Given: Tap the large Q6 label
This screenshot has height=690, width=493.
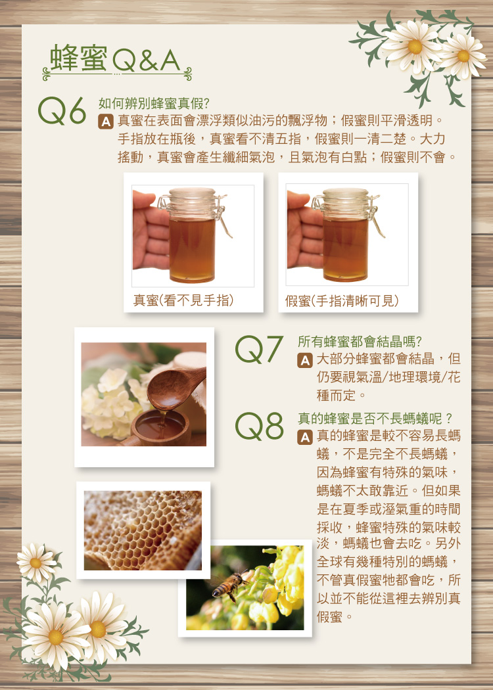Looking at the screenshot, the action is click(x=62, y=111).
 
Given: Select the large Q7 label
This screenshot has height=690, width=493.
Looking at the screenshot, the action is click(x=259, y=350).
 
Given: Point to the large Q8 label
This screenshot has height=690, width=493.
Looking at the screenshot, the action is click(x=259, y=426).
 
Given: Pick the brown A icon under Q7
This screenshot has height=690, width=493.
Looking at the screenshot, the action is click(x=304, y=361).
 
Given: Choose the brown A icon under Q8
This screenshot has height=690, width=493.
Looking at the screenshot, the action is click(x=304, y=437).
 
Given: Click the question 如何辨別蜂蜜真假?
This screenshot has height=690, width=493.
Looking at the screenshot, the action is click(x=154, y=104).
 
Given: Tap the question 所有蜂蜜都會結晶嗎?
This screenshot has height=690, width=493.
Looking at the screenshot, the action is click(x=360, y=342).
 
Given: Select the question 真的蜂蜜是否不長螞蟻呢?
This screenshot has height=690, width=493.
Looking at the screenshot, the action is click(x=375, y=417).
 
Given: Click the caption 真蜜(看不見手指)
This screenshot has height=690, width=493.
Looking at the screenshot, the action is click(x=183, y=300).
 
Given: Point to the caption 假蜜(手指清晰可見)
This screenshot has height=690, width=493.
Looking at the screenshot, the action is click(x=342, y=300).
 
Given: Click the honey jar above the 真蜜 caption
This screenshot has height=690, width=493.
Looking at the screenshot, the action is click(x=193, y=235).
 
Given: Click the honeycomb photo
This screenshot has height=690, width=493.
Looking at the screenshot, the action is click(x=143, y=530).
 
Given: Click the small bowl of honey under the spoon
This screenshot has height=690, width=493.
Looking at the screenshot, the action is click(x=160, y=427).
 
